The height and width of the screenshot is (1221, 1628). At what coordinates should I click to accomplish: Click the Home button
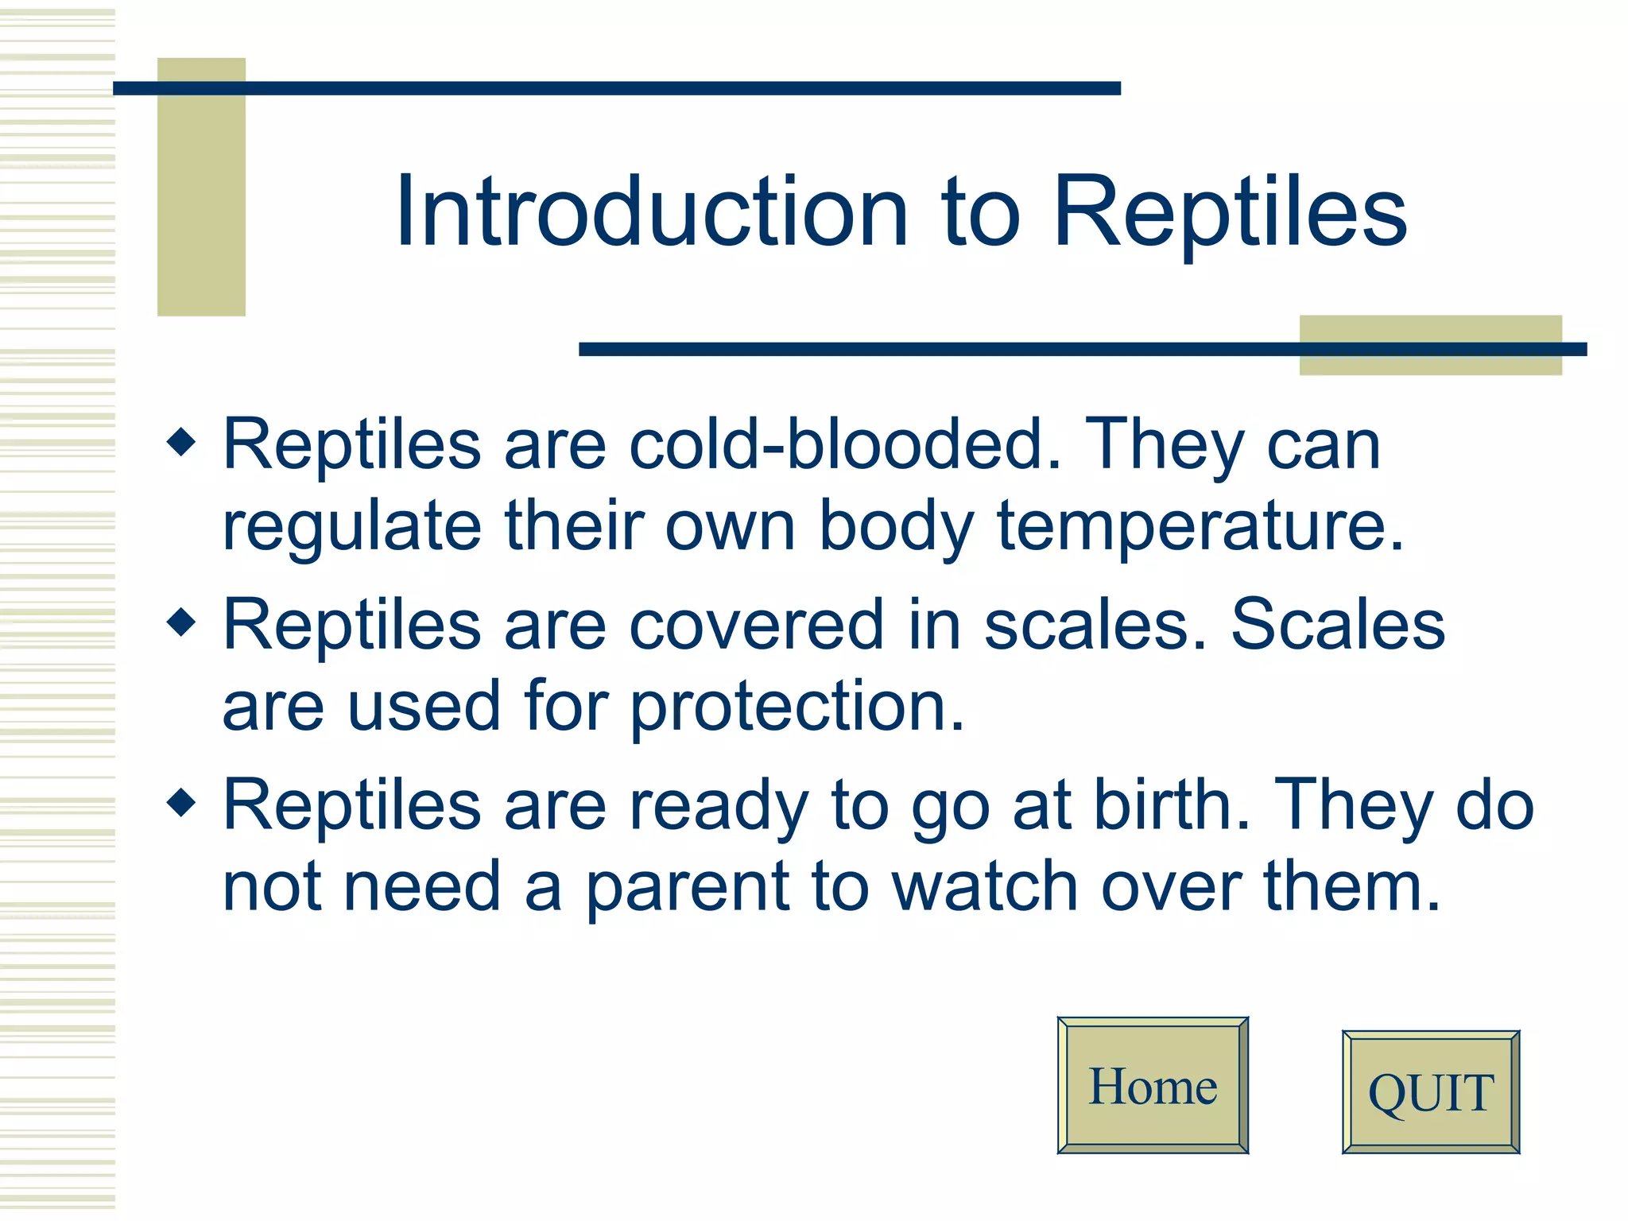[1153, 1086]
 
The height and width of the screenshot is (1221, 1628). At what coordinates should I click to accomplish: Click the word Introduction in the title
[652, 213]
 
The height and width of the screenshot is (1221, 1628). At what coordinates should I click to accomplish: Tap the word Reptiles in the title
[1230, 213]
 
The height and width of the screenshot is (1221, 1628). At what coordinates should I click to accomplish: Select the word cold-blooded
[844, 445]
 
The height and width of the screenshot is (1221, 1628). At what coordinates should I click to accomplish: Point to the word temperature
[1200, 527]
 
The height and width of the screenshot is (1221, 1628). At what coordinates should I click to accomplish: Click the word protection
[797, 707]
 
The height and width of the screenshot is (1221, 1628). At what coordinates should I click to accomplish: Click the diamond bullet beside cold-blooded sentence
[182, 442]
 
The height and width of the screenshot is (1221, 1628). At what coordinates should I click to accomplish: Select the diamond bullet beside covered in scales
[182, 622]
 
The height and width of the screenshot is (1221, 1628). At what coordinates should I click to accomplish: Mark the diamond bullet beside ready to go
[182, 803]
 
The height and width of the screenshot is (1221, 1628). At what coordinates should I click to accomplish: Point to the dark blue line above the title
[616, 88]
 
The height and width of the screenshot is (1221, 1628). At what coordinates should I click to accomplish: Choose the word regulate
[351, 527]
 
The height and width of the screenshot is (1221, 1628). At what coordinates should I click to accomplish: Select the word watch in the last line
[984, 888]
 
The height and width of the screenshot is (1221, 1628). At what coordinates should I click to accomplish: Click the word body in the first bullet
[896, 527]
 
